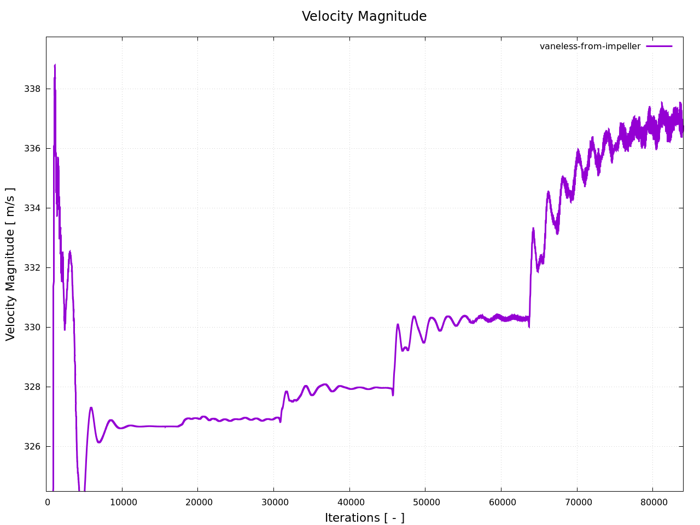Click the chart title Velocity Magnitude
(364, 16)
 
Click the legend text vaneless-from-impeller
(590, 46)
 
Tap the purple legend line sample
(659, 46)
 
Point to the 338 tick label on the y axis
(32, 89)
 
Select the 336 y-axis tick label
(32, 148)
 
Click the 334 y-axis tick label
(32, 208)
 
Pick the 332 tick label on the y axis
(32, 267)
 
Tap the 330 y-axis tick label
(32, 327)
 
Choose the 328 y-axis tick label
(32, 387)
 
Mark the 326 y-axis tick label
(32, 446)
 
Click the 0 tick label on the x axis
(48, 502)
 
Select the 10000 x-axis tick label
(122, 502)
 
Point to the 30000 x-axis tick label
(273, 502)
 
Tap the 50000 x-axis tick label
(425, 502)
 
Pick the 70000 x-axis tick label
(576, 502)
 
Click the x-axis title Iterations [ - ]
(364, 517)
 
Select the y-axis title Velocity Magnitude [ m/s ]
(11, 264)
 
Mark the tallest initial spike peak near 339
(55, 65)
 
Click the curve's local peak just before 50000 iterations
(414, 317)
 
